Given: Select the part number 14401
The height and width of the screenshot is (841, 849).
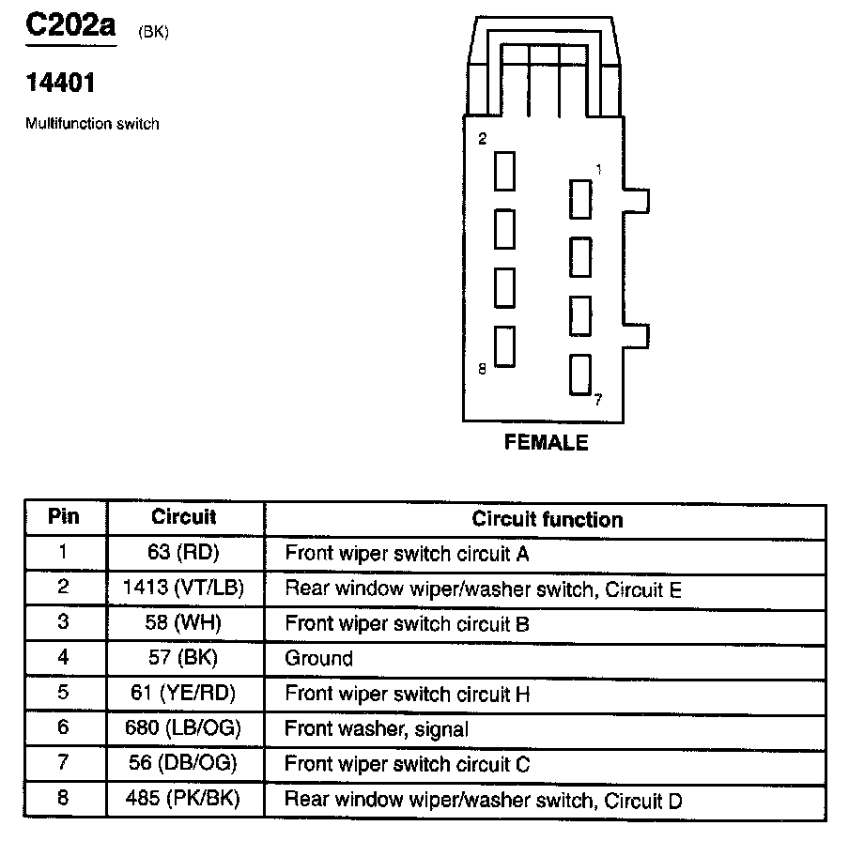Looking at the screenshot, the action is [x=60, y=84].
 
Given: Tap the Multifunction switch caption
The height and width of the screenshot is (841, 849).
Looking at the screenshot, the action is [x=92, y=124].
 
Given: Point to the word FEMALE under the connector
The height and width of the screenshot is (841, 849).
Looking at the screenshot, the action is [x=546, y=443].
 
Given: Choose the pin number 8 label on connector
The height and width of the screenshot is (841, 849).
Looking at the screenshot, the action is [x=482, y=370].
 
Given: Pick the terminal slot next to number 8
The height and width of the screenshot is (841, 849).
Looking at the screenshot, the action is [x=505, y=345].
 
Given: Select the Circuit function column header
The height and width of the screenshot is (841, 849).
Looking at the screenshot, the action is [x=547, y=519].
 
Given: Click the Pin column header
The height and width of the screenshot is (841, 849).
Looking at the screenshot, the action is [x=64, y=517].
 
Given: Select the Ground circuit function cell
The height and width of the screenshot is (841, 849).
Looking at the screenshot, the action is [x=319, y=659].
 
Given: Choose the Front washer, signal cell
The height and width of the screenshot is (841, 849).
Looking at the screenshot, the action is [x=377, y=729].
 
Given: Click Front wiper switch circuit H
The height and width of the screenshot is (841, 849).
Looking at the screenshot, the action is [x=408, y=695].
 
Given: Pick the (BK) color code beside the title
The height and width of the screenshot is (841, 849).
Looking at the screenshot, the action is [x=153, y=33].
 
